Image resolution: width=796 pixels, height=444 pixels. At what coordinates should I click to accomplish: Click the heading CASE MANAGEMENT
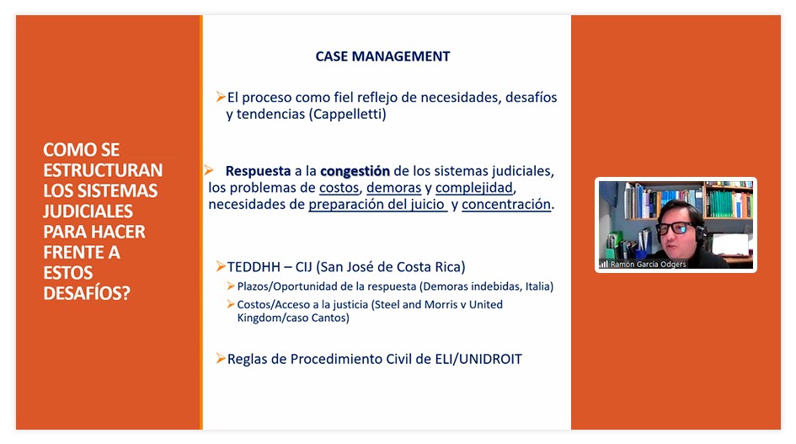(382, 56)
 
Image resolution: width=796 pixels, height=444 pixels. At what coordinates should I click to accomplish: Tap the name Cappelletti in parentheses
(348, 114)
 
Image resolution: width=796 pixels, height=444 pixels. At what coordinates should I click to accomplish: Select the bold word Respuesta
(258, 171)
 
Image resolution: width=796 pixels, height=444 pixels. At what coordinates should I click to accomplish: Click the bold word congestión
(355, 171)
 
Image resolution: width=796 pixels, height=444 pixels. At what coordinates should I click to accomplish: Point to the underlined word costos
(339, 188)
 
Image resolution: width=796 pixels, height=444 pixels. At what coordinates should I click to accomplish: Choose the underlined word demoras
(394, 188)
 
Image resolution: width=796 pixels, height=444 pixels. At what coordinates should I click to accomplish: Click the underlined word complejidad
(474, 188)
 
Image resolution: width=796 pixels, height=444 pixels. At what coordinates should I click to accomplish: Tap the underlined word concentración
(506, 204)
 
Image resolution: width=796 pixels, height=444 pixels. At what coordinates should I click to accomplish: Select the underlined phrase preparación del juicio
(377, 204)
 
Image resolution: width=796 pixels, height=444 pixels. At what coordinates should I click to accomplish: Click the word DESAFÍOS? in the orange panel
(87, 293)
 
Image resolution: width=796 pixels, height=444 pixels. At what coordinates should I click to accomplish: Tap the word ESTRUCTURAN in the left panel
(103, 170)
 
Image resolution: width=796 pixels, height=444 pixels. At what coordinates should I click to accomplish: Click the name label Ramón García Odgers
(648, 265)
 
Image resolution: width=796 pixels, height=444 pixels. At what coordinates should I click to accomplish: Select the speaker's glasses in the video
(676, 227)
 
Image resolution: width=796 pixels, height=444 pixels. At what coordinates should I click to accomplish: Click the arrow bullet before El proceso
(221, 97)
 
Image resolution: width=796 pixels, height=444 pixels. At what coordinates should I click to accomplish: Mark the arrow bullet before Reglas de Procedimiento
(221, 358)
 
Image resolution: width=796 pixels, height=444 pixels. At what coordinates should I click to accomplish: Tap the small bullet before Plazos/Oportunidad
(231, 286)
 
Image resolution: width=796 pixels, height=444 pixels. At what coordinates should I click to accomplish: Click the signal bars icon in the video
(604, 265)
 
